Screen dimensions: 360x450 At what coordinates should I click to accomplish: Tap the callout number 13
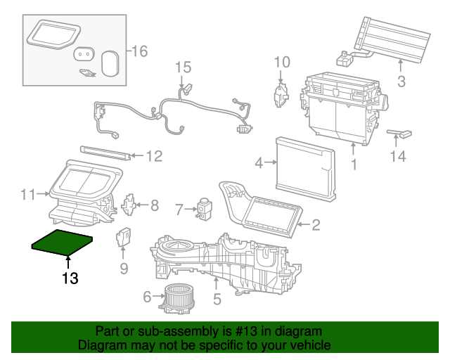[x=70, y=279]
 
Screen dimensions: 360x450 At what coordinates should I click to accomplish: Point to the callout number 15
[x=183, y=67]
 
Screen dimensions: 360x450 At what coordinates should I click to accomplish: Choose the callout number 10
[x=281, y=63]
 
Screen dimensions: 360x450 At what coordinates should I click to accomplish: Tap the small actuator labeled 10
[x=281, y=94]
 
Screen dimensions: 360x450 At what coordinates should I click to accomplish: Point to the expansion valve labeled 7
[x=205, y=207]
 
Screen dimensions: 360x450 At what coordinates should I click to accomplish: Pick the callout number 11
[x=27, y=193]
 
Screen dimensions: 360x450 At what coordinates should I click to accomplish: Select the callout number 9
[x=124, y=268]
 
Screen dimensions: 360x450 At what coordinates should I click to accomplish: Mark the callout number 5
[x=217, y=300]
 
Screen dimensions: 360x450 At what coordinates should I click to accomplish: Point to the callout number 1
[x=354, y=167]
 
